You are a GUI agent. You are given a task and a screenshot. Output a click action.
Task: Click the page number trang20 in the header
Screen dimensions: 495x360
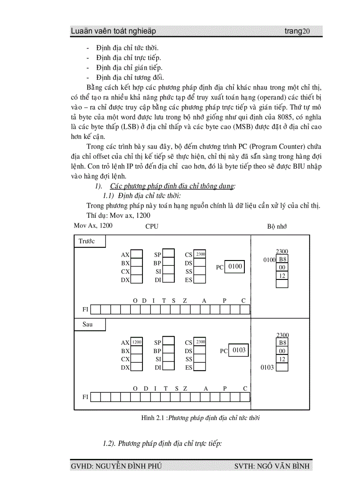click(297, 31)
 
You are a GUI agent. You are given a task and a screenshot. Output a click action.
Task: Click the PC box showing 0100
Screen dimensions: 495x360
click(234, 267)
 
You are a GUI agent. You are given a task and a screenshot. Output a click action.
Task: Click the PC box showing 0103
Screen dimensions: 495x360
click(240, 350)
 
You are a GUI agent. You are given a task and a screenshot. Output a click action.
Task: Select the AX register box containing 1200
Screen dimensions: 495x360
click(137, 342)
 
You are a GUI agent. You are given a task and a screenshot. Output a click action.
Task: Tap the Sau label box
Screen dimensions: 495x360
click(90, 325)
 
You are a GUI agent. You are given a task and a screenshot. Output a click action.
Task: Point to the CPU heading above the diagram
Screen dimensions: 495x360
click(152, 226)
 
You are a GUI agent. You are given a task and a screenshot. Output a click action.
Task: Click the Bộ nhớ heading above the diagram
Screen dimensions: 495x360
click(277, 226)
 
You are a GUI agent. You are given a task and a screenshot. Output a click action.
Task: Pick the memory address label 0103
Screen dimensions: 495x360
click(267, 367)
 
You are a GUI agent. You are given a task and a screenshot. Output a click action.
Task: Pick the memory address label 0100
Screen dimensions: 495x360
click(269, 260)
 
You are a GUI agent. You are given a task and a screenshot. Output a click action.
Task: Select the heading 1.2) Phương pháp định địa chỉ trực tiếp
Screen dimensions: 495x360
click(162, 443)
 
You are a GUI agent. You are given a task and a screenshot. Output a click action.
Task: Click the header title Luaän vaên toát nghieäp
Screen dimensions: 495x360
click(113, 31)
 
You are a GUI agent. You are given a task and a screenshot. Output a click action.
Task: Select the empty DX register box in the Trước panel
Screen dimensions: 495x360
click(137, 279)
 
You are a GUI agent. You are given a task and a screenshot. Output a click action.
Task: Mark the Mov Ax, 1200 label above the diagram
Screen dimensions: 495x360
click(93, 226)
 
